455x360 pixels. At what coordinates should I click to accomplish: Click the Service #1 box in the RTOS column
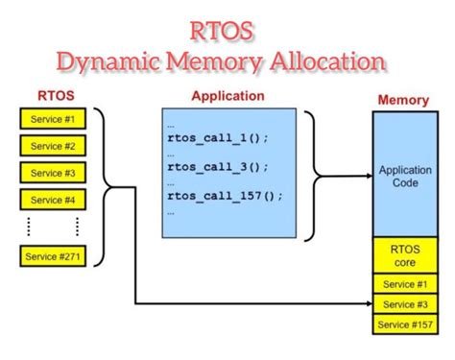tap(52, 120)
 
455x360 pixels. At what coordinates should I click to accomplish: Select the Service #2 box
tap(52, 147)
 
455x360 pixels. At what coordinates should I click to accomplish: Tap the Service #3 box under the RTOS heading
tap(52, 174)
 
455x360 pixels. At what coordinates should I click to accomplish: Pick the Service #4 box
tap(52, 201)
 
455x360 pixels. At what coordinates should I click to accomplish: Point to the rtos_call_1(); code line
tap(218, 137)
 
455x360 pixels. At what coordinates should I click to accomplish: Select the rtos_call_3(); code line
tap(218, 166)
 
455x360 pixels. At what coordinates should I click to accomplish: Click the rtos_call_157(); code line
tap(224, 196)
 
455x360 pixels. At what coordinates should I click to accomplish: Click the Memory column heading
tap(403, 99)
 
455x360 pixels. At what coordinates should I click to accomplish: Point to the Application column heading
tap(227, 96)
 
